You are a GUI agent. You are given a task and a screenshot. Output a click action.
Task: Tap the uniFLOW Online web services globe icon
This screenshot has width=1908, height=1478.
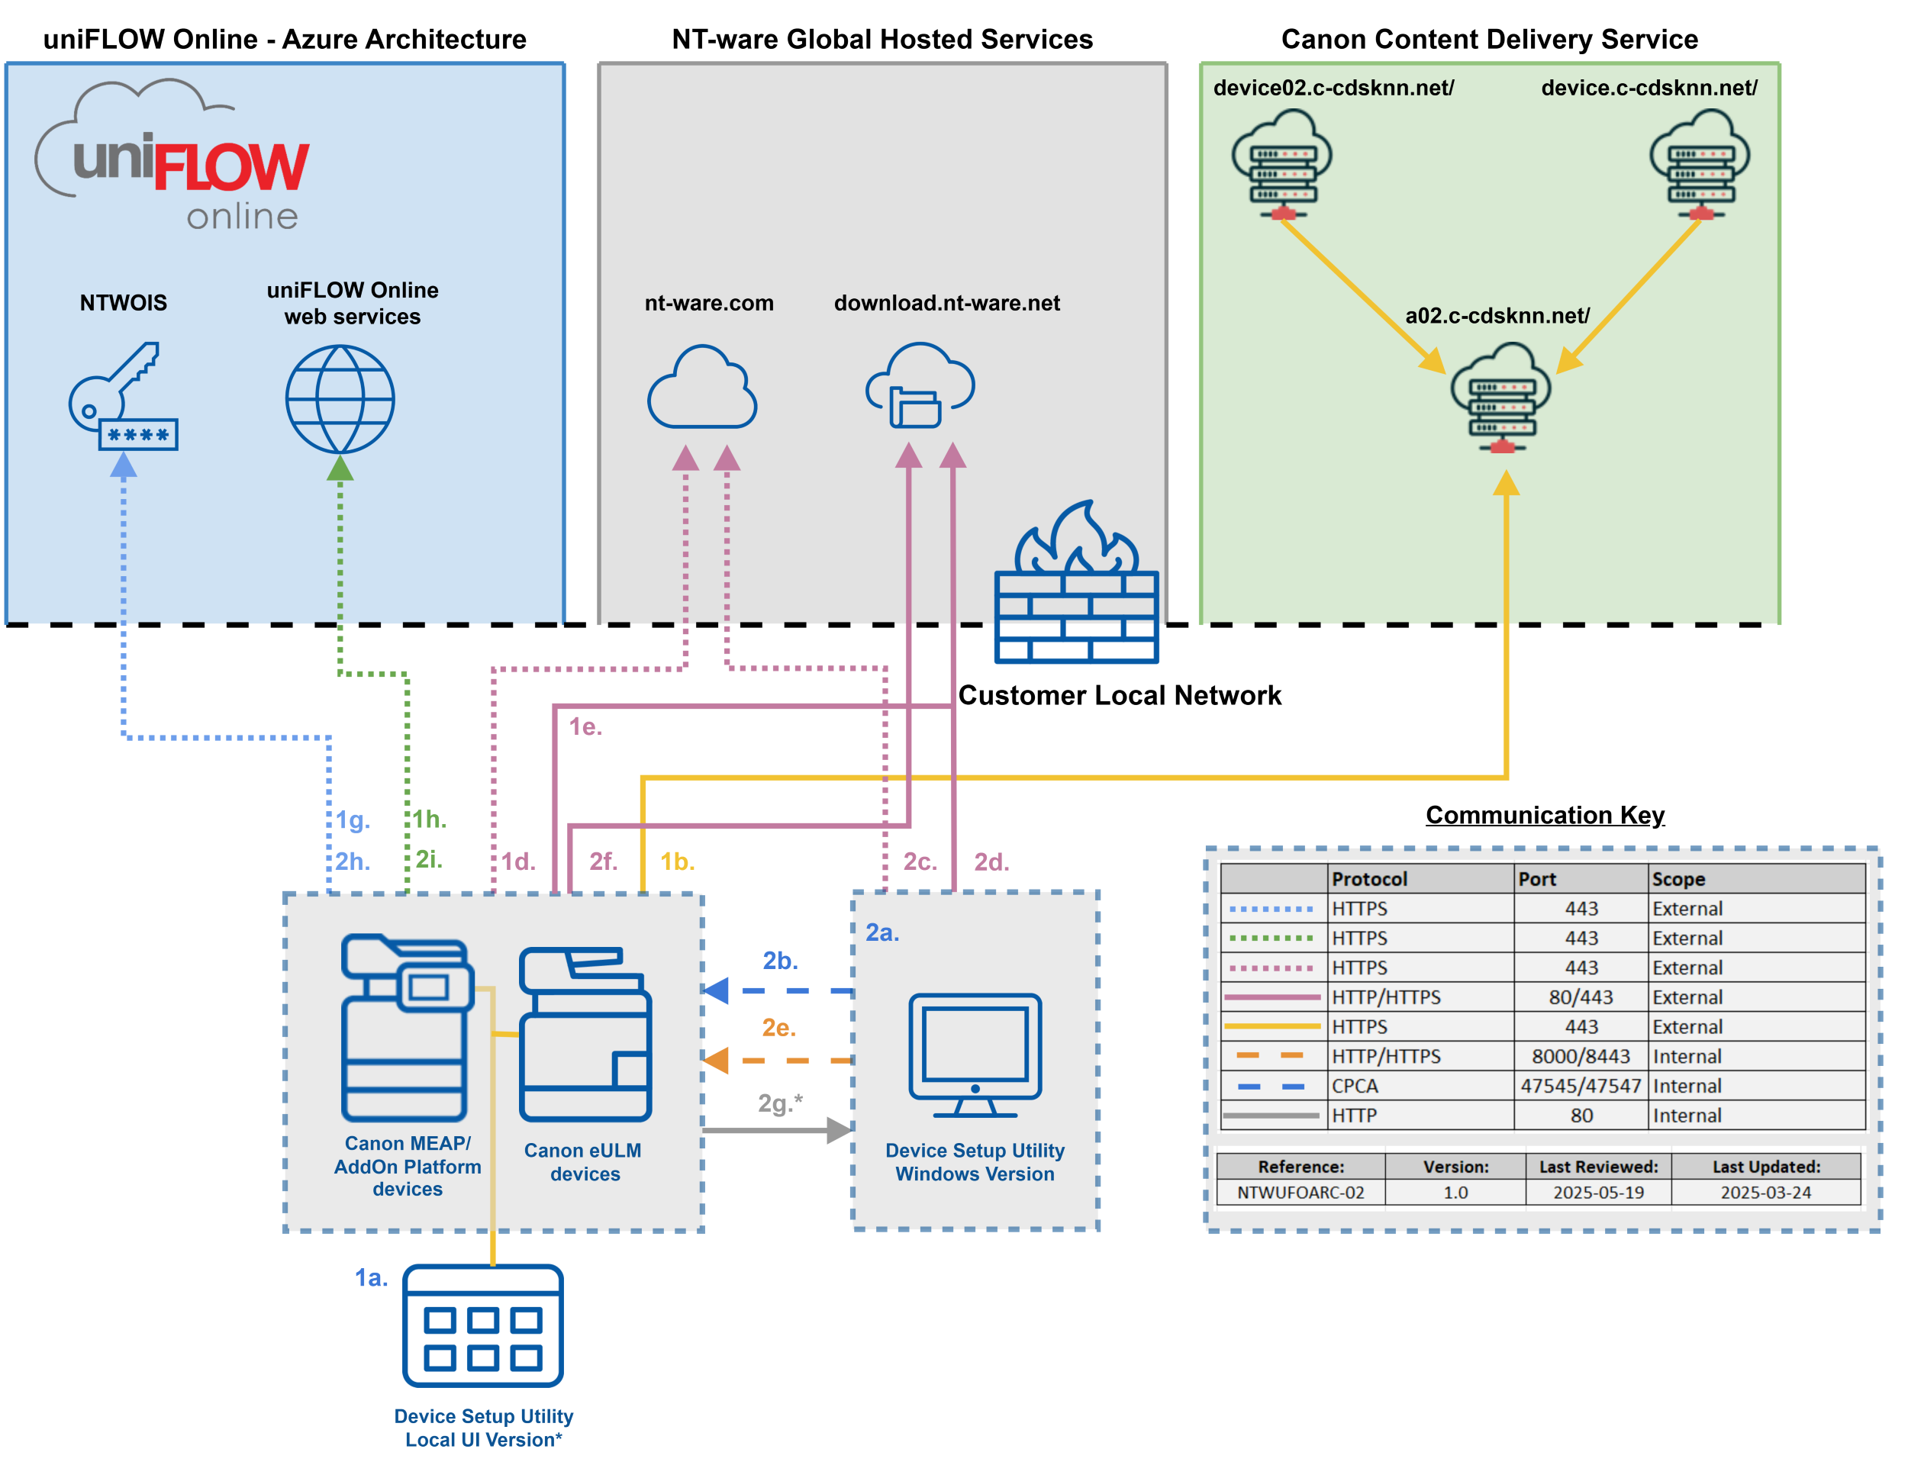coord(340,399)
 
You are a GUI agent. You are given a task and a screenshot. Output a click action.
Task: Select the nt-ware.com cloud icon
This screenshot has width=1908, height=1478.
coord(701,388)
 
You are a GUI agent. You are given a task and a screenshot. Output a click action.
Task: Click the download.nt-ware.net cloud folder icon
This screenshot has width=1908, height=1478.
coord(920,386)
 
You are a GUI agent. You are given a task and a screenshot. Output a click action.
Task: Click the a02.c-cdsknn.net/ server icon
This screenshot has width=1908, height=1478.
coord(1501,398)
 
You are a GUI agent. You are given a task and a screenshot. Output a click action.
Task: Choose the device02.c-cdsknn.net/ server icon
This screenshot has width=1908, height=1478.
coord(1281,164)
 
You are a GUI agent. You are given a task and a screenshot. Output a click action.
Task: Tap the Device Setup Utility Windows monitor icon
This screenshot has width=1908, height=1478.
coord(975,1055)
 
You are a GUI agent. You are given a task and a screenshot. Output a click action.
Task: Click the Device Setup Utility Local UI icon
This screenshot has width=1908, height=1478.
coord(483,1326)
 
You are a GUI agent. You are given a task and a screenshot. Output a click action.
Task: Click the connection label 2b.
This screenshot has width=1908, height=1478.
coord(780,961)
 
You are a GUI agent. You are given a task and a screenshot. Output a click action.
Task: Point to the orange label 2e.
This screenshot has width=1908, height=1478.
coord(778,1027)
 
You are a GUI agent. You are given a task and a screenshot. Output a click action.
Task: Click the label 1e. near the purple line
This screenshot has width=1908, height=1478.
coord(585,726)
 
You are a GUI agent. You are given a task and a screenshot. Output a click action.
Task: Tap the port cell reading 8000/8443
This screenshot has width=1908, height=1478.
coord(1581,1056)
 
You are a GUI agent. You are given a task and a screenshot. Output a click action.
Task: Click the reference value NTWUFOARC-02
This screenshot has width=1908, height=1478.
coord(1300,1193)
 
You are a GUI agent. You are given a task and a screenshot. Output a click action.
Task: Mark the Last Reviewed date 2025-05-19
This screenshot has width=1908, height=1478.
coord(1598,1193)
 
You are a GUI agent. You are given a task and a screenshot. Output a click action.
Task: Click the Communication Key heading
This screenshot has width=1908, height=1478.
coord(1545,815)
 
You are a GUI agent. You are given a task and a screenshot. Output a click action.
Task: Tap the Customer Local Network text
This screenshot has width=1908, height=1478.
coord(1119,695)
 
